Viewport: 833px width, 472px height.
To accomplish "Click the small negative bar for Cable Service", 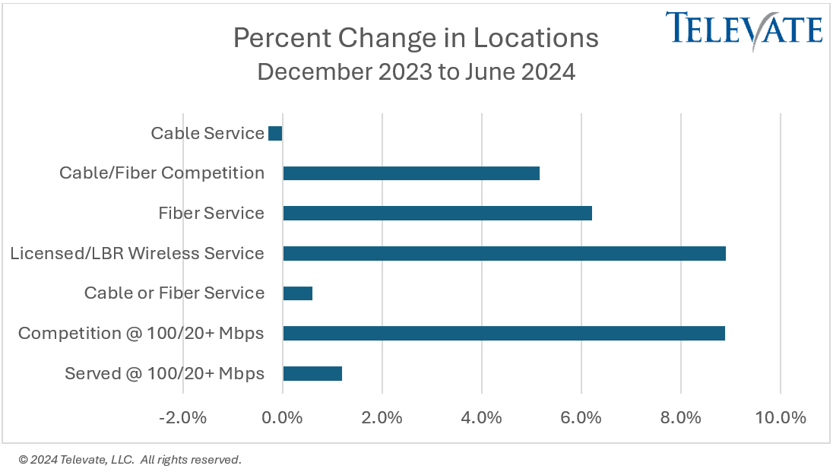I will pos(275,134).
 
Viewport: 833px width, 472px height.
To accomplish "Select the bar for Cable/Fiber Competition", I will pos(411,173).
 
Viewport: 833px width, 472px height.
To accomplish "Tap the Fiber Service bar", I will pos(437,214).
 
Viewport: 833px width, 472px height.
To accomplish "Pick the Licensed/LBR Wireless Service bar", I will pos(504,253).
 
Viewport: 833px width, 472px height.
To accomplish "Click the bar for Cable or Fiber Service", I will pos(297,293).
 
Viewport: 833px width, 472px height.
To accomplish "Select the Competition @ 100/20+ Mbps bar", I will pos(503,333).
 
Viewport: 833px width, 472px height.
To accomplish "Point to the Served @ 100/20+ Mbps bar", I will pos(312,373).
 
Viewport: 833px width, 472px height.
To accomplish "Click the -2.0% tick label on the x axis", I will pos(182,418).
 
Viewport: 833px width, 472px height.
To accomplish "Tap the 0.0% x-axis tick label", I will pos(283,418).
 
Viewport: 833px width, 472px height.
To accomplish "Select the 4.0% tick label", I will pos(482,418).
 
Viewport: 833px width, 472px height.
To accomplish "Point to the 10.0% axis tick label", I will pos(781,418).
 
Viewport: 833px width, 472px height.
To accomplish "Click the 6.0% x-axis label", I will pos(581,418).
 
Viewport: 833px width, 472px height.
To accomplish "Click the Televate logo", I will pos(744,29).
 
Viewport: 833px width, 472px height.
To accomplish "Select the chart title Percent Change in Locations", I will pos(416,38).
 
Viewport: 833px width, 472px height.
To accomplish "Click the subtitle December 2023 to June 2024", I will pos(416,72).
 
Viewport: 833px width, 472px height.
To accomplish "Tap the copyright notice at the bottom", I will pos(130,460).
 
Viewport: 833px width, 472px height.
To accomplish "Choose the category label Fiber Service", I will pos(211,214).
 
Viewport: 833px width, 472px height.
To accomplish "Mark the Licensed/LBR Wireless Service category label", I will pos(138,253).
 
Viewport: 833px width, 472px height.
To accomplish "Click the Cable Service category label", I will pos(207,134).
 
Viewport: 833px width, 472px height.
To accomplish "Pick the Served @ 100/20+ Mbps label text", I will pos(165,373).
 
